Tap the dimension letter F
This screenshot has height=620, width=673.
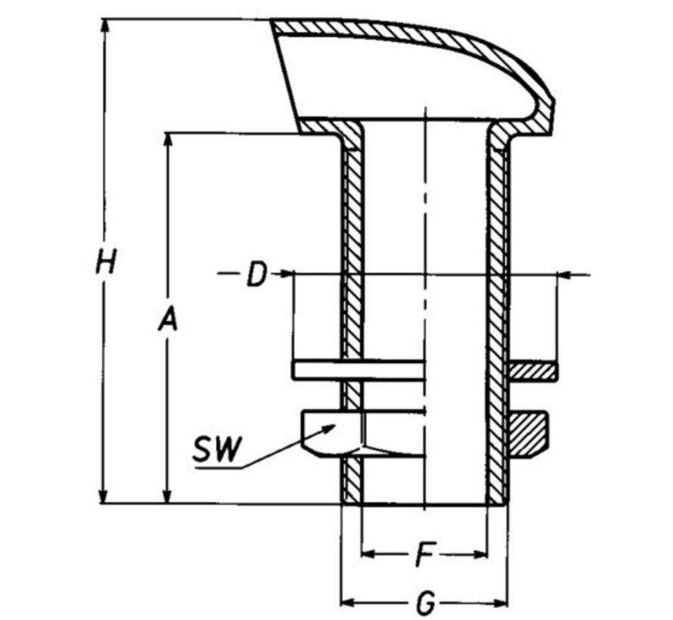[424, 556]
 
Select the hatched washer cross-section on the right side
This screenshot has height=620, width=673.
[532, 370]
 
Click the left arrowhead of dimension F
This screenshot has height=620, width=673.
[368, 555]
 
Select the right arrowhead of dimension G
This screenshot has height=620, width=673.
[500, 603]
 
